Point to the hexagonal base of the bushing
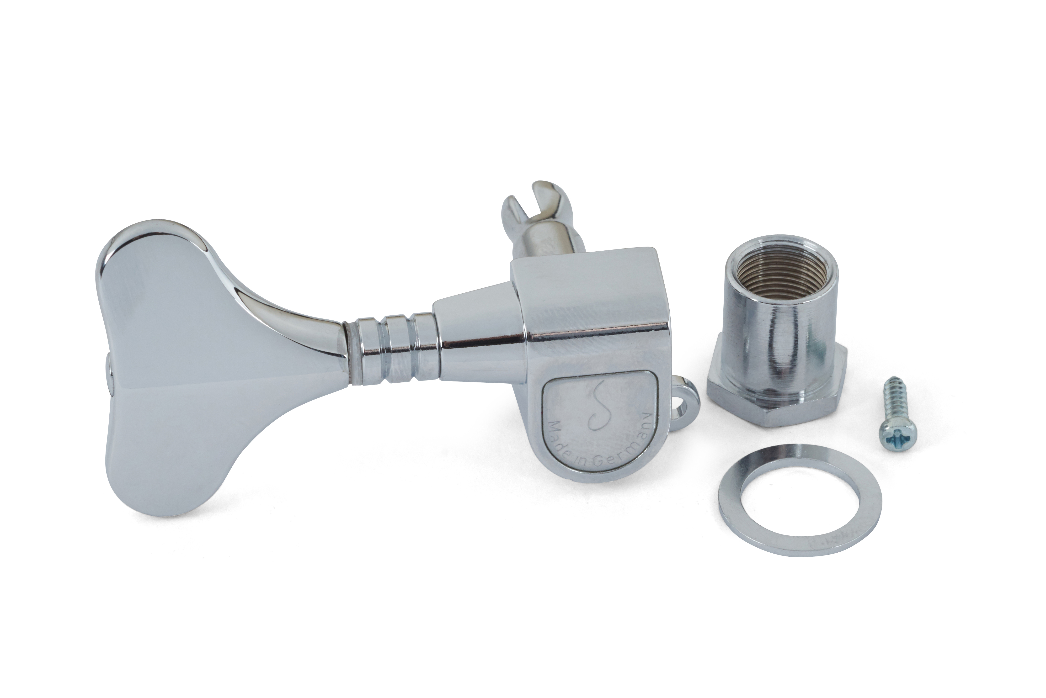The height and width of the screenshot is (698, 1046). point(775,392)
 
